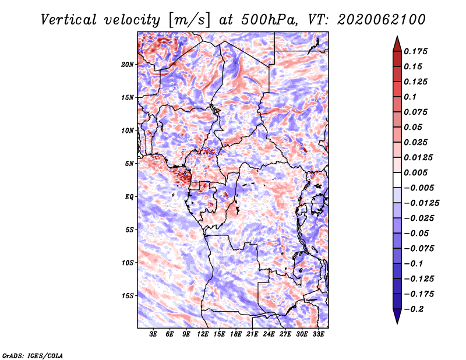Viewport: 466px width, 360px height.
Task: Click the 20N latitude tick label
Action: pos(128,65)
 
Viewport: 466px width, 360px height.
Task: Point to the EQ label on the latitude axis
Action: pos(129,197)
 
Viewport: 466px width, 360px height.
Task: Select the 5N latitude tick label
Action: pos(129,164)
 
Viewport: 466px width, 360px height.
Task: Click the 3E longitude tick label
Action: pos(153,334)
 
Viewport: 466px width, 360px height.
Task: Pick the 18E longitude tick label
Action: pos(236,334)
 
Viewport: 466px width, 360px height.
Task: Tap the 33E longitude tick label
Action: pos(318,334)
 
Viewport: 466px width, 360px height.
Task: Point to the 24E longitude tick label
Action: pos(269,334)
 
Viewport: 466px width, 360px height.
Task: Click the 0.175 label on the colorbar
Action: pos(415,51)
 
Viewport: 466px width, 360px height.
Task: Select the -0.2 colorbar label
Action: pos(414,309)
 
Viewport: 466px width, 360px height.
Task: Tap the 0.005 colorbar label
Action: pos(415,172)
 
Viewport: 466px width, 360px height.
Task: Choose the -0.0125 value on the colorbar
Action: pos(421,203)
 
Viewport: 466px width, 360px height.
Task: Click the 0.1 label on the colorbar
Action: pos(410,97)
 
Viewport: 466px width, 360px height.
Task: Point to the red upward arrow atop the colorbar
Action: pos(397,44)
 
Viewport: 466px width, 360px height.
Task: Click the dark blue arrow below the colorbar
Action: pos(397,316)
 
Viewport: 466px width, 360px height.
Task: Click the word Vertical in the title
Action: pos(69,20)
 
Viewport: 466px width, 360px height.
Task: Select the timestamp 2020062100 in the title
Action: pos(382,20)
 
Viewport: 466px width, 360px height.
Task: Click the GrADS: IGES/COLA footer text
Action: pos(33,355)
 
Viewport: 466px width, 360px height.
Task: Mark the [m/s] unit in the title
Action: pos(189,20)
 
